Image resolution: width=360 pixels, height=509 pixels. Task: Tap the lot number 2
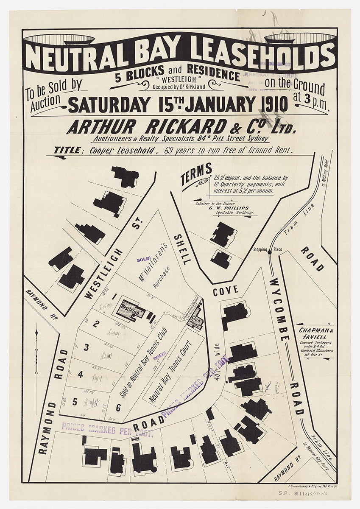(x=96, y=324)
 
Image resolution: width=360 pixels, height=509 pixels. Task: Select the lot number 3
(x=86, y=348)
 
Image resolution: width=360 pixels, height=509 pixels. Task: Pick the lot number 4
(x=80, y=374)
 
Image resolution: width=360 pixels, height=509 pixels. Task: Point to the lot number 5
(x=75, y=402)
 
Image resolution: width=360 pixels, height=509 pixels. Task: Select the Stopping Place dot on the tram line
(x=270, y=252)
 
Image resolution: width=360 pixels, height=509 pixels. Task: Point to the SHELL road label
(x=181, y=249)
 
